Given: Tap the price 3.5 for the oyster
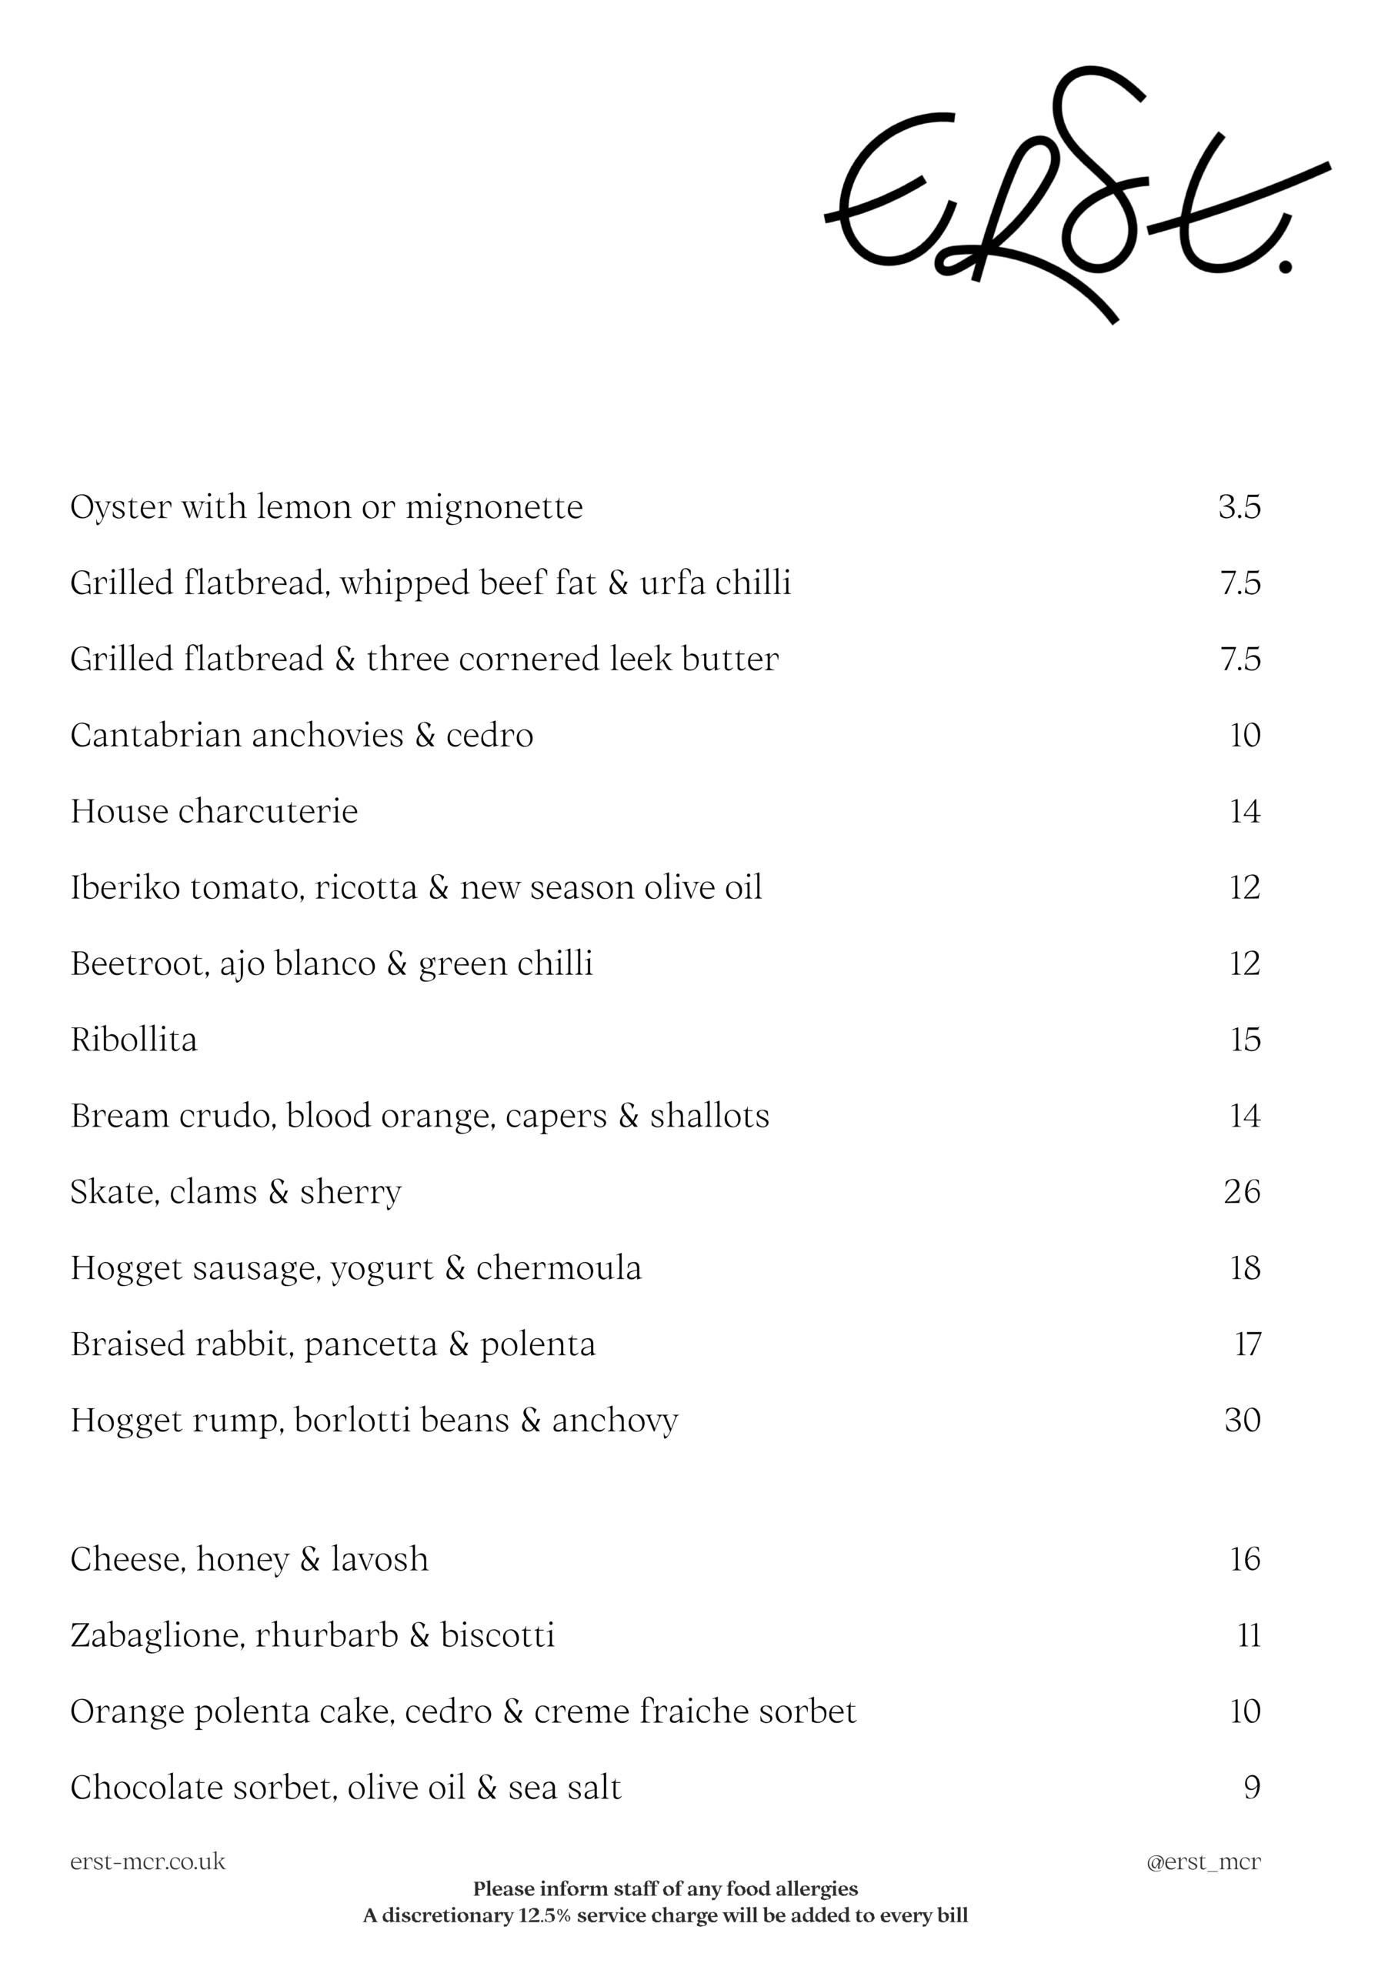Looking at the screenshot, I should [x=1239, y=507].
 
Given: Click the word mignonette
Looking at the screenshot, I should [x=493, y=508].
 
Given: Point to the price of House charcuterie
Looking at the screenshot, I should [x=1245, y=812].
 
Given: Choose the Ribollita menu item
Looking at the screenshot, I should [x=134, y=1040].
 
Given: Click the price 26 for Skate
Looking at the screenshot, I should [x=1241, y=1192].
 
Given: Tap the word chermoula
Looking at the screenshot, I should [x=559, y=1268].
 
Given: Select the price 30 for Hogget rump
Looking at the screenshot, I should [x=1242, y=1420].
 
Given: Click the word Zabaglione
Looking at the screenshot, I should [x=158, y=1635].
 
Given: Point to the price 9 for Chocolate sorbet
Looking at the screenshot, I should [x=1252, y=1788].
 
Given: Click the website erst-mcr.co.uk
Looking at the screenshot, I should [x=148, y=1861].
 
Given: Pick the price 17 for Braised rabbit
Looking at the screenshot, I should [x=1247, y=1344].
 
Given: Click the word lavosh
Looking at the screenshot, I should [x=379, y=1559].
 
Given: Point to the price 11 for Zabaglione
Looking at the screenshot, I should [x=1249, y=1635].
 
